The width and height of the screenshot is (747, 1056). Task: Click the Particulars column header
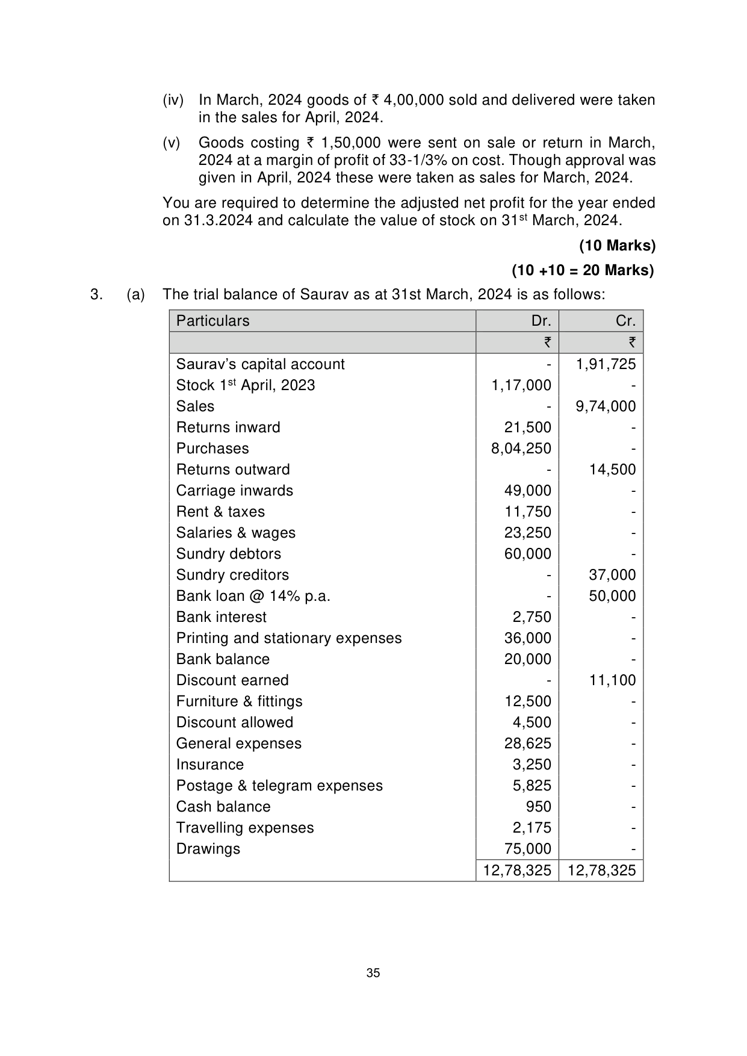coord(212,321)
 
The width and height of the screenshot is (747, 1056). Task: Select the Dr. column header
coord(541,321)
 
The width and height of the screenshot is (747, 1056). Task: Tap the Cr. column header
coord(625,321)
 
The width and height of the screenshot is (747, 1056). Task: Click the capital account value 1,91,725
coord(606,364)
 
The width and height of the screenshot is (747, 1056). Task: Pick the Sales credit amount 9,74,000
coord(606,406)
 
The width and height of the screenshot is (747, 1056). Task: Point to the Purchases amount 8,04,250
coord(521,449)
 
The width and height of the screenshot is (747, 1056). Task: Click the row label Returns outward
coord(233,470)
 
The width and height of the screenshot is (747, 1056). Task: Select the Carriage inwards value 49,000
coord(527,491)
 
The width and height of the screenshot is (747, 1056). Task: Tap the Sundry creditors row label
coord(232,575)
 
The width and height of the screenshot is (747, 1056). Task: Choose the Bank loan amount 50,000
coord(612,596)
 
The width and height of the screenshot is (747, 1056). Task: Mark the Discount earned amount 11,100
coord(612,680)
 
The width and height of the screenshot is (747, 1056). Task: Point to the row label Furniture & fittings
coord(239,701)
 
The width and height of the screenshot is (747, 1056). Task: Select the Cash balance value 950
coord(538,807)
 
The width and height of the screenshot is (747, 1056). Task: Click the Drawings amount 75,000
coord(527,849)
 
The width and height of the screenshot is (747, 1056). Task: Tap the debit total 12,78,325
coord(517,871)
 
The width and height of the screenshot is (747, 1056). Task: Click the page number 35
coord(373,973)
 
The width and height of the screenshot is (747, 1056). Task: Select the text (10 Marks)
coord(617,246)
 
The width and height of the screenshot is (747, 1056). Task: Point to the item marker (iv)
coord(173,100)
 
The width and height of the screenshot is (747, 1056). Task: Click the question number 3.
coord(95,294)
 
